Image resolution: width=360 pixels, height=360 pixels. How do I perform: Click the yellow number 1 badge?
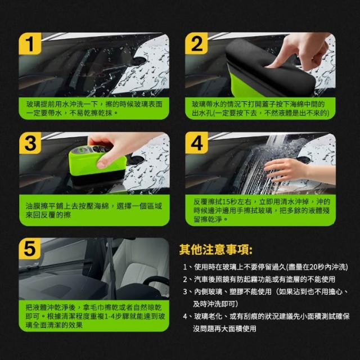(30, 44)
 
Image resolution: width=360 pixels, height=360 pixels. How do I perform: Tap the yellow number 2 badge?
(196, 43)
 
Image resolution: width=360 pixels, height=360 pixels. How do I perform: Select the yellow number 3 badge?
(30, 143)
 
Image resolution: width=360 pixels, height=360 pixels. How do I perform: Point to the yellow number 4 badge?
(196, 143)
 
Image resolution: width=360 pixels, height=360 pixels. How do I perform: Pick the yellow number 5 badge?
(30, 249)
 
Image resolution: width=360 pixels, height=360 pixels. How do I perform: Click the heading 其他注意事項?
(215, 250)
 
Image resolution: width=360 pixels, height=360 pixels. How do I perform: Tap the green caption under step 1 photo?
(94, 109)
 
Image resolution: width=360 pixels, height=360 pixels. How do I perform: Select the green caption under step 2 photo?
(260, 109)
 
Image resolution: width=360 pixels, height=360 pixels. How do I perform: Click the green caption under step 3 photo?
(94, 210)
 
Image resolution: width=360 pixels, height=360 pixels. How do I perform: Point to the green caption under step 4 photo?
(260, 210)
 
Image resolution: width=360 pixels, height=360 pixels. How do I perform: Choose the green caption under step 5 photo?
(94, 316)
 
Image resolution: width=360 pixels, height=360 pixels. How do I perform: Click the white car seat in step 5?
(138, 276)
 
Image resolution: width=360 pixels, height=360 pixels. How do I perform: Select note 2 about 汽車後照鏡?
(259, 279)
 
